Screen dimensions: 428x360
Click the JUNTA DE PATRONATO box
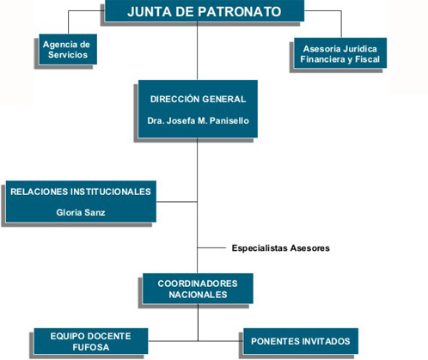pos(205,11)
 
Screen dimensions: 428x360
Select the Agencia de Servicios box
pos(68,49)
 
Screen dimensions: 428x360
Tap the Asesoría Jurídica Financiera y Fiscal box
pos(340,53)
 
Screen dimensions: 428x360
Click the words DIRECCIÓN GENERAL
pos(198,99)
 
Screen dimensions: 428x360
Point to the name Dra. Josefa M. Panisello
pos(198,120)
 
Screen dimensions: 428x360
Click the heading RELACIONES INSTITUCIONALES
pos(81,192)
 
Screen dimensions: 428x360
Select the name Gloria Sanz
pos(81,212)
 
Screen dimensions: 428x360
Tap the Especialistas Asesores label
pos(281,248)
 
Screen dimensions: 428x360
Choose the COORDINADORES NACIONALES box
pos(198,289)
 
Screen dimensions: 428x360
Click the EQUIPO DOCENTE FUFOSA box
pos(91,341)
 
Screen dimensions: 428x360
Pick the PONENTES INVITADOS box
pos(301,341)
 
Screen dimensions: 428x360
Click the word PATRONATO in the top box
pos(240,11)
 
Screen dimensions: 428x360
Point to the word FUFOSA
pos(91,347)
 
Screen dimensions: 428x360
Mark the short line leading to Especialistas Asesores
pos(211,247)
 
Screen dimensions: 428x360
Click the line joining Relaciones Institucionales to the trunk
pos(177,202)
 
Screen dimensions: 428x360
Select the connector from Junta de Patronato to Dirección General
pos(197,51)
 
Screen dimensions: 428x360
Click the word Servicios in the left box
pos(68,55)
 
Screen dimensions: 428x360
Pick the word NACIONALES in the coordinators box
pos(198,295)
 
